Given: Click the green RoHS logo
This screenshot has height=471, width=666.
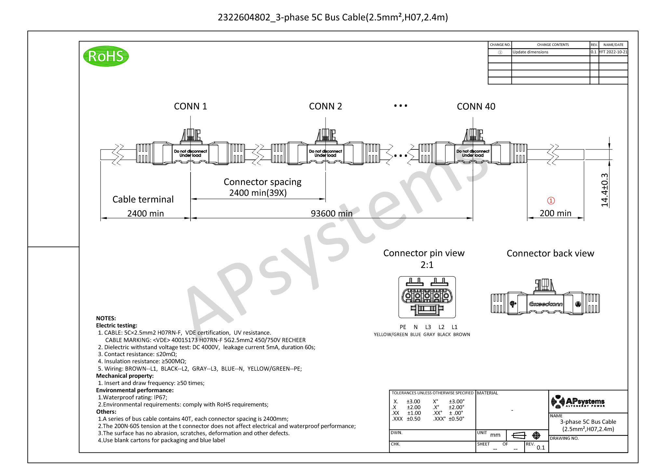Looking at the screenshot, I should tap(106, 56).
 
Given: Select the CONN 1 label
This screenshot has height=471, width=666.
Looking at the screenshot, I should tap(190, 106).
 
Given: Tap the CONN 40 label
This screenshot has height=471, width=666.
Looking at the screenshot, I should tap(476, 106).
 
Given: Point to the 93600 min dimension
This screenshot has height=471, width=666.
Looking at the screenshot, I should tap(331, 214).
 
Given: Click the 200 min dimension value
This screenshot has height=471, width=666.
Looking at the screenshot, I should tap(555, 213).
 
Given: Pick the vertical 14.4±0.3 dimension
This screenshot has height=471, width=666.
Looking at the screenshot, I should tap(605, 190).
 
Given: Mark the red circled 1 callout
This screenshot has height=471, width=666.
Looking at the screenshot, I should tap(551, 201).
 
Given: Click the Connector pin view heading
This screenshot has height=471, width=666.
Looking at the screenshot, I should tap(424, 253).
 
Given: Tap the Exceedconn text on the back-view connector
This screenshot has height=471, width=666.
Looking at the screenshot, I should tap(546, 304).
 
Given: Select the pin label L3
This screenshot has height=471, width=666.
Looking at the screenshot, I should tap(428, 327).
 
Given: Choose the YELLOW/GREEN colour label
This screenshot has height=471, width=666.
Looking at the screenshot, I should tap(391, 335).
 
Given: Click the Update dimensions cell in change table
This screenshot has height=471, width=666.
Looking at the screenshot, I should tap(530, 52).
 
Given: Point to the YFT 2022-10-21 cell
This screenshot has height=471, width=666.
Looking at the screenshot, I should tap(613, 52).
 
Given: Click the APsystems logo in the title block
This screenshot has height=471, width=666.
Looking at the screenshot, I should tap(578, 402).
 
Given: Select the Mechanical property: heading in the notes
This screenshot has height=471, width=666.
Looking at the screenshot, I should tap(125, 376).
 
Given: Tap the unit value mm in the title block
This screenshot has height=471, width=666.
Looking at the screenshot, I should tap(495, 435).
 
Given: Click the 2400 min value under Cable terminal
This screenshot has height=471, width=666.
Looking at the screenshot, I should tap(145, 214).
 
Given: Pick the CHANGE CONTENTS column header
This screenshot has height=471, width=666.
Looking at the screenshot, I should tap(553, 45).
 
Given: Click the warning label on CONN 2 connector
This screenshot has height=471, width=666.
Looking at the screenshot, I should tap(325, 153).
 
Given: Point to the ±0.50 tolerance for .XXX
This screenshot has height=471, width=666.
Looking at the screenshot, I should tap(413, 419).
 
